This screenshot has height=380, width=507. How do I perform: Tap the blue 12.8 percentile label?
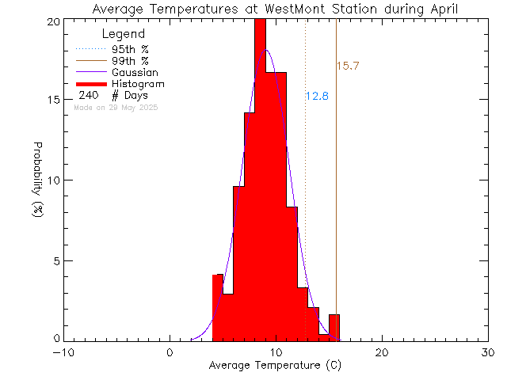tap(317, 96)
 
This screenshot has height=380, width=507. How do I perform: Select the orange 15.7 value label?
tap(349, 66)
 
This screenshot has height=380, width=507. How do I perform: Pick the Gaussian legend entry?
tap(135, 72)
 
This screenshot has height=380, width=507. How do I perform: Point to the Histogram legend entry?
tap(138, 84)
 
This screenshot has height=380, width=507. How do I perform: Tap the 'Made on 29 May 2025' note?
tap(115, 107)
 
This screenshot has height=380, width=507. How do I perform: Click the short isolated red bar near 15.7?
tap(334, 327)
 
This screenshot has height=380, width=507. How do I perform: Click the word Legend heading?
tap(124, 34)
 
